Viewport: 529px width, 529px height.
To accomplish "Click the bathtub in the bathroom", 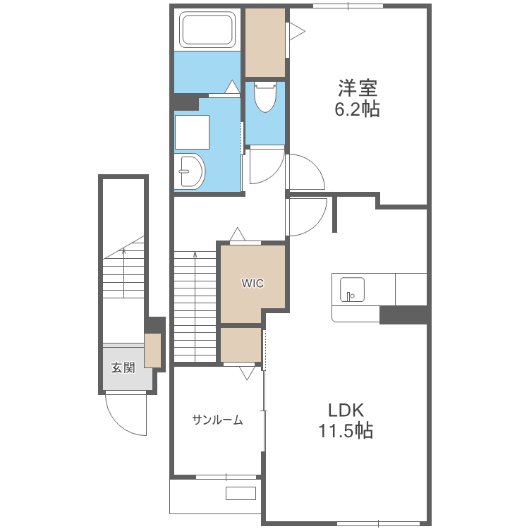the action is [207, 30].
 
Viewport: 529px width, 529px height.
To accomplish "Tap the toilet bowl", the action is [265, 97].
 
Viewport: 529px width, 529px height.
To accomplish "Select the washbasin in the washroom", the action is [190, 171].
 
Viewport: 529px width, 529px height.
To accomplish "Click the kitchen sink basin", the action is [352, 289].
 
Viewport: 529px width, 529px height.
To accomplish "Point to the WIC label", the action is [253, 283].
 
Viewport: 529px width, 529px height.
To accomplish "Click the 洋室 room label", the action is [358, 88].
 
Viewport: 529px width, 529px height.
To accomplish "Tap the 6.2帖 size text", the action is [357, 109].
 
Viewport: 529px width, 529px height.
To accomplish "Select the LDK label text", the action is [346, 411].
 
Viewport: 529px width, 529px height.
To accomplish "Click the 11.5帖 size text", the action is [346, 430].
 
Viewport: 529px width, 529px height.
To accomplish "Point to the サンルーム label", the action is [218, 420].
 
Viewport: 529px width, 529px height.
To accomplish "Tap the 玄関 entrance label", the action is [123, 367].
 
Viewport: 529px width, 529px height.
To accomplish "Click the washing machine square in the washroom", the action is [192, 133].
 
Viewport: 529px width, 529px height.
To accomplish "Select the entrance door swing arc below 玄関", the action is [126, 426].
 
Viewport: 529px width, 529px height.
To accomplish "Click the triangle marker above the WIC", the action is [238, 234].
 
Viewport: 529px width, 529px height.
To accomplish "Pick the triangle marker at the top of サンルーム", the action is [247, 373].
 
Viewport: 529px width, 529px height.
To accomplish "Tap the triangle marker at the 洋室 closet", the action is [297, 31].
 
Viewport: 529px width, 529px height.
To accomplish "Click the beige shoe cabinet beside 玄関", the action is [152, 350].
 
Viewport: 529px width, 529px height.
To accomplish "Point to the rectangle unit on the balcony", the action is [241, 493].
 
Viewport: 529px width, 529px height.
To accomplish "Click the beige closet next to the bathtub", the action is [264, 42].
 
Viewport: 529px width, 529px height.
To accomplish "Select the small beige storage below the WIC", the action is [241, 345].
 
